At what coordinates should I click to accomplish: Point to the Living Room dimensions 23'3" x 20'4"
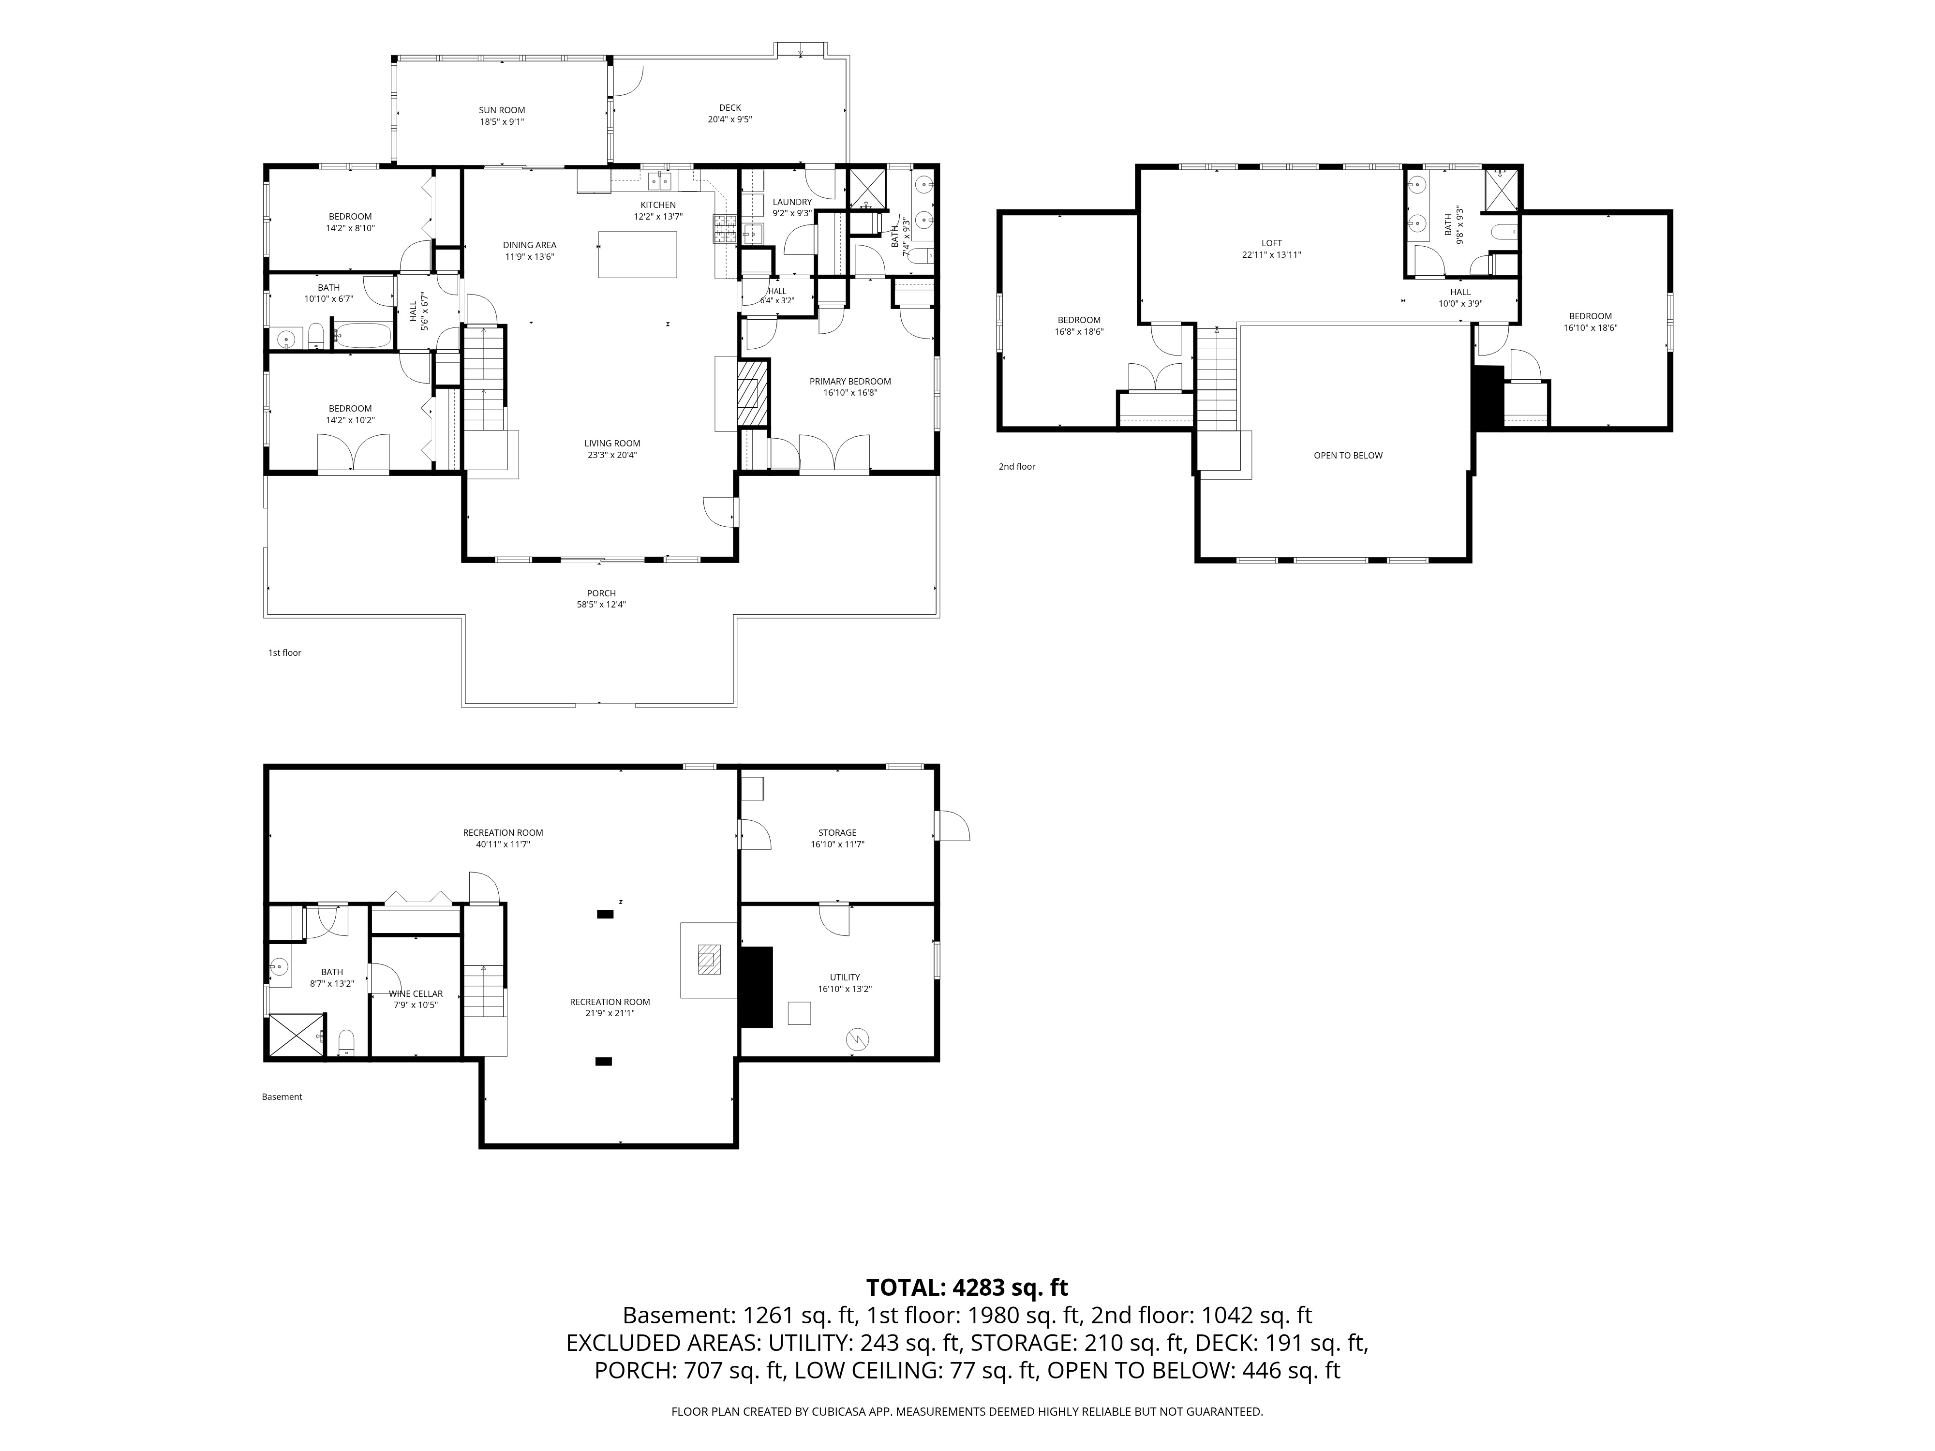pyautogui.click(x=612, y=455)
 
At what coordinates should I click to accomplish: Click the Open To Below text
pyautogui.click(x=1348, y=456)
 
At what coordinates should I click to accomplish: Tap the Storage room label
pyautogui.click(x=837, y=833)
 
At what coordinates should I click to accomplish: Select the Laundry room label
pyautogui.click(x=792, y=202)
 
